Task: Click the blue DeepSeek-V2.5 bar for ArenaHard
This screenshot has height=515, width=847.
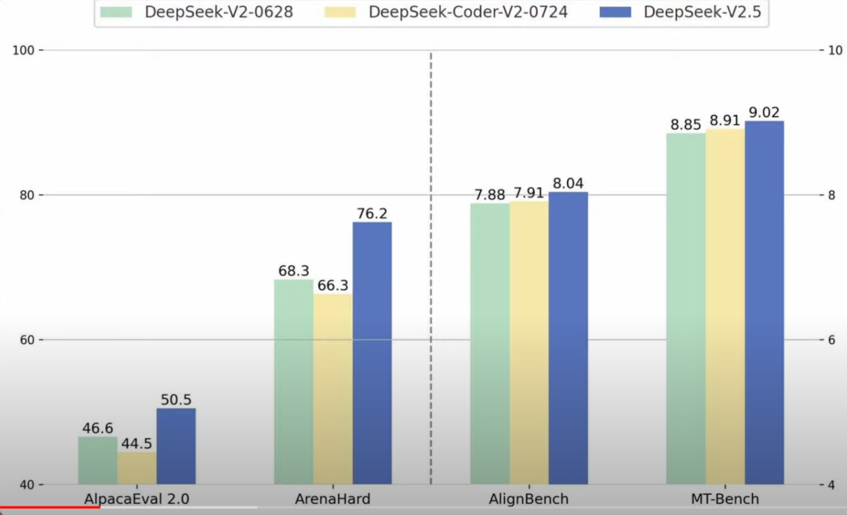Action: [372, 353]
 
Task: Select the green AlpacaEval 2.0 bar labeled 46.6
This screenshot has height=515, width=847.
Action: [97, 460]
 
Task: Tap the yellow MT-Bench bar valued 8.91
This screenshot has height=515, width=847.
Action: [725, 306]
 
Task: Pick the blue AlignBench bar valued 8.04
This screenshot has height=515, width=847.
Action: [568, 337]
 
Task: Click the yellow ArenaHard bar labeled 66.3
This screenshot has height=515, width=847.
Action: [333, 388]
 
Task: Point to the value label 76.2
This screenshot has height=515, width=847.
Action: [372, 213]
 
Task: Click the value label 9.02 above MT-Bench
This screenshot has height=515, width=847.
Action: [764, 112]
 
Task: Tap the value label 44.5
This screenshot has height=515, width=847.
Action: [136, 443]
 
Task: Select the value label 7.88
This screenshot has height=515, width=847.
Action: [489, 195]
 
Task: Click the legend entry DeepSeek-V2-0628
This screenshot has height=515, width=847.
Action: [218, 13]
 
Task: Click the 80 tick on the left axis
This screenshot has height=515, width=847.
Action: [27, 195]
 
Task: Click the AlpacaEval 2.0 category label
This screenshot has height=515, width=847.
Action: [136, 499]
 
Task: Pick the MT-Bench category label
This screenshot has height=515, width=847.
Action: [725, 499]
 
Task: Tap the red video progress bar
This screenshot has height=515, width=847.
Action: [49, 506]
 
